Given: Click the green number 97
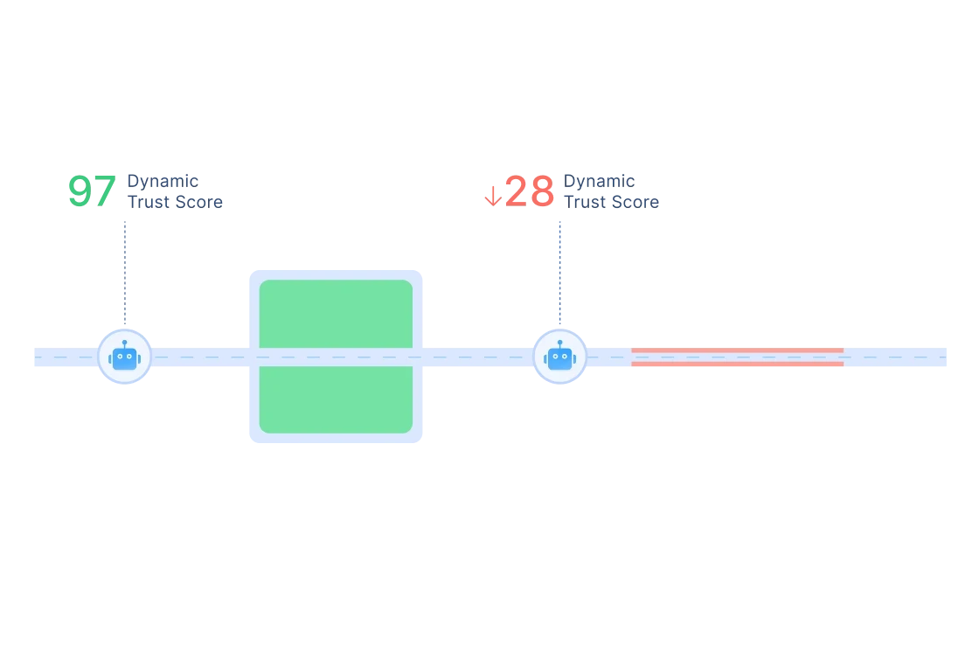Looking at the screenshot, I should coord(92,191).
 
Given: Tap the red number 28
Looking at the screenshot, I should coord(529,191).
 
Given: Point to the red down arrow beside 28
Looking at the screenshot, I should coord(492,194).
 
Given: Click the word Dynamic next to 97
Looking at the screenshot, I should coord(163,180).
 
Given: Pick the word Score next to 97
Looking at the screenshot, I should coord(200,202).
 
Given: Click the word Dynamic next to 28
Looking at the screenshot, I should coord(598,180).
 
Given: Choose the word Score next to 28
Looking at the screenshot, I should coord(637,202).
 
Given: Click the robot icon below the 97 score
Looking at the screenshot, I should coord(124,357).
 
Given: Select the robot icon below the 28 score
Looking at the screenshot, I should coord(559,357).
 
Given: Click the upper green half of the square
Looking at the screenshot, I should coord(336,313).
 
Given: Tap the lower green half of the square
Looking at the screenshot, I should coord(336,399).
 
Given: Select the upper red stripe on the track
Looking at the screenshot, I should coord(737,350).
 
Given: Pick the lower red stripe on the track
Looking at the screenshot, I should coord(737,364).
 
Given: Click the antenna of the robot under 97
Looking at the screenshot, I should coord(124,343).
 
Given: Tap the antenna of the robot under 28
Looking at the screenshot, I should coord(559,343).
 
